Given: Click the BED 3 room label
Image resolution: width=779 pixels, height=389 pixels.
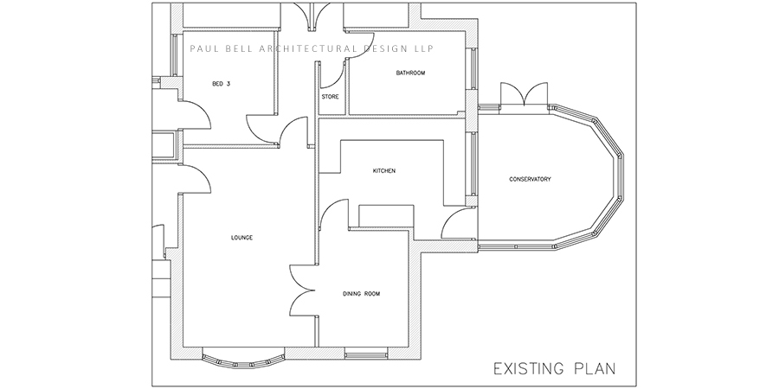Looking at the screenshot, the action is [221, 84].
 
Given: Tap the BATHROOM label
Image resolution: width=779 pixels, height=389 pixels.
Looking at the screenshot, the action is [410, 73].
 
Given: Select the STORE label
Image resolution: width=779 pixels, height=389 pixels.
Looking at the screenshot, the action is [330, 97].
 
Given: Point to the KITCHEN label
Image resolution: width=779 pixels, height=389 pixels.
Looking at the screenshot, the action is [384, 170].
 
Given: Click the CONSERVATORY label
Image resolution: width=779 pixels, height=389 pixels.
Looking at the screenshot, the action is [530, 179].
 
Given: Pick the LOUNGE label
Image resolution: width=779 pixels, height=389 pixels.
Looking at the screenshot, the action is [242, 238].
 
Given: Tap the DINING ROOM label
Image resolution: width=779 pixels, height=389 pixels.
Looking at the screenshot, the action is [361, 294].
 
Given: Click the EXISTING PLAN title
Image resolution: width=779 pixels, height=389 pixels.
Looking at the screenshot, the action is [555, 369].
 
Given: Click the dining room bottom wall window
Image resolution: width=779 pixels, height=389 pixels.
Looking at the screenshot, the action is [366, 354].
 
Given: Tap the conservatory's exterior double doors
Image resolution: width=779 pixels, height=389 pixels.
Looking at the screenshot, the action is [524, 94].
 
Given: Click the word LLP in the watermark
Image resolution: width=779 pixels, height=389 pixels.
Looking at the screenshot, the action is [423, 48].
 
